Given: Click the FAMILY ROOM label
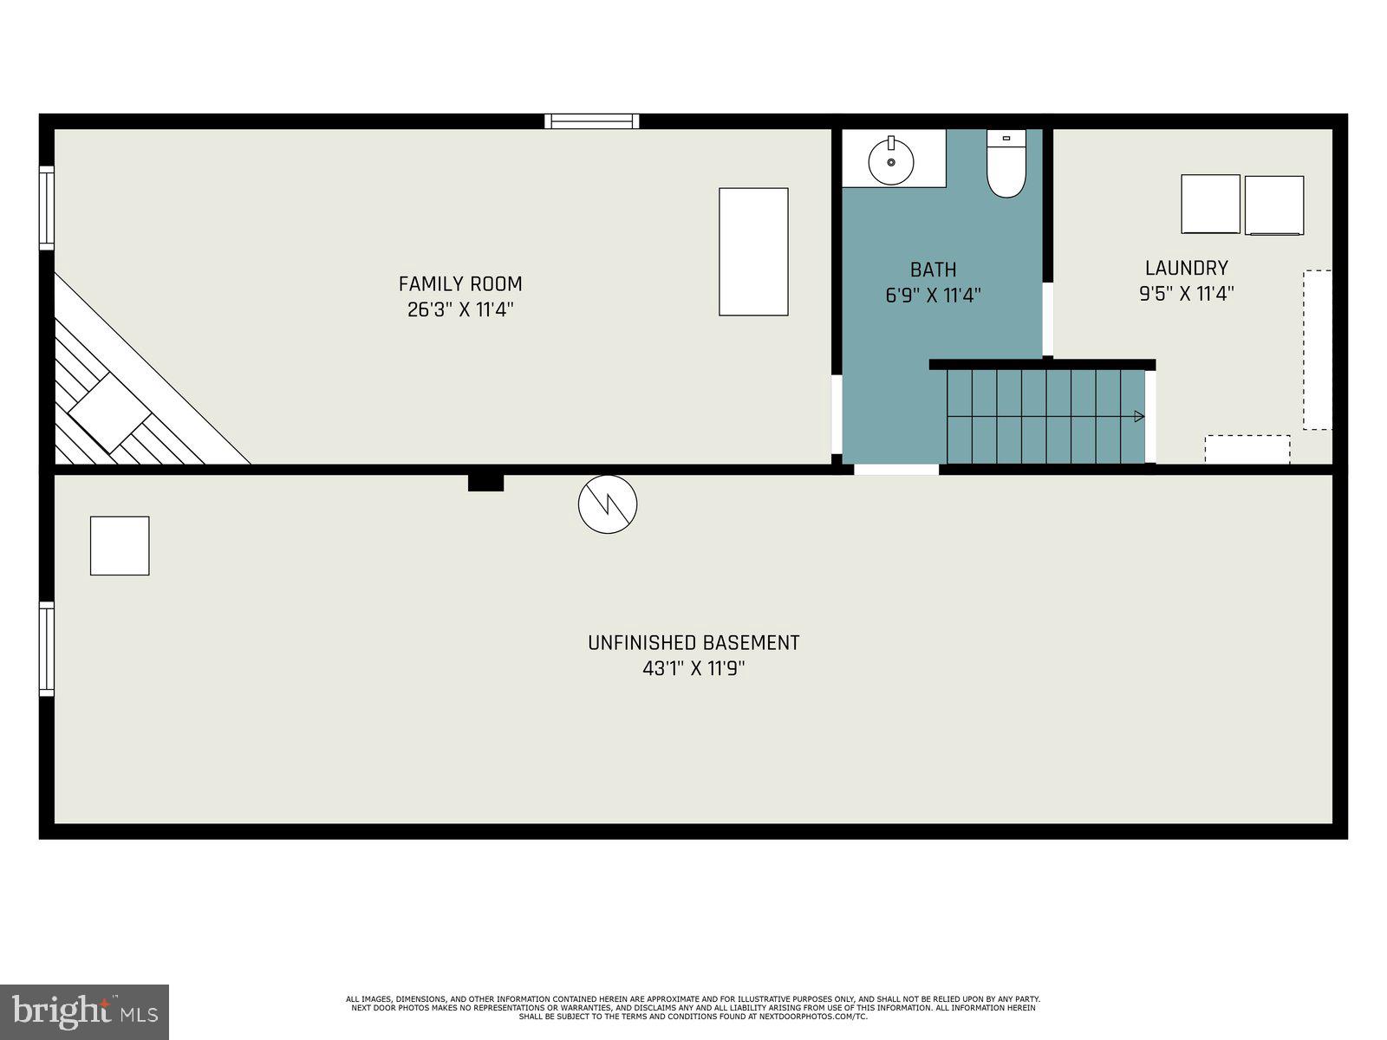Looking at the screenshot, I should coord(460,283).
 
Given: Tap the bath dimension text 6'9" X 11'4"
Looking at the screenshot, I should coord(933,296).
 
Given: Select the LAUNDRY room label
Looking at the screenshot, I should coord(1186,268).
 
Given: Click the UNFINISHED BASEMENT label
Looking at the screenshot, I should coord(693,643).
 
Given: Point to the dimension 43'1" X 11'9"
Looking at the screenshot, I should coord(693,669).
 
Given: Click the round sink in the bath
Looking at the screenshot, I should coord(891,161).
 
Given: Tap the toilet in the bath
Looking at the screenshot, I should coord(1006,165).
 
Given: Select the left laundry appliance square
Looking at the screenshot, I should coord(1210,204).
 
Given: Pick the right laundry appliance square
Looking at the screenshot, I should coord(1274,205).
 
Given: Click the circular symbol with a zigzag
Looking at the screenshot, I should coord(608,504).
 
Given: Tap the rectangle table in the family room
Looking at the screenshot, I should coord(753,251).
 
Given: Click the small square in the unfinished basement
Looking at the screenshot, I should coord(120,546).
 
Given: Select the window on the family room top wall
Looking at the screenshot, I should coord(592,121).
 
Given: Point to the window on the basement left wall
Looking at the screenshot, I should coord(47,648).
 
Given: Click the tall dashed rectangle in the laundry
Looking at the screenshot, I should coord(1318,349).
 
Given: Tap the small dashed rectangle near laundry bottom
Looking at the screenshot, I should coord(1247,449).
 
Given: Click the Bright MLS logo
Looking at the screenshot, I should coord(85,1011).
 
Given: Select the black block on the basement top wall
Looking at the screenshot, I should coord(485,483).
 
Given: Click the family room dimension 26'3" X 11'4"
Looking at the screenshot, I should coord(460,309).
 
